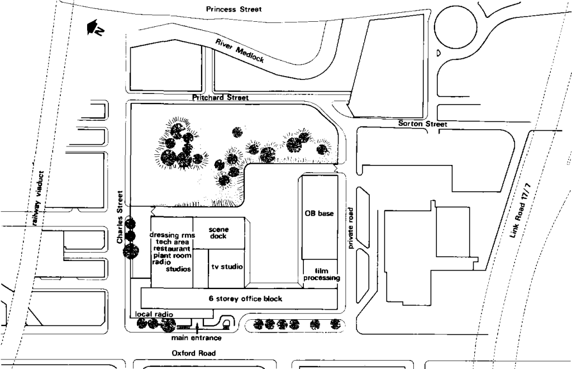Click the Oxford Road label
(x=193, y=353)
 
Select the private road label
(x=351, y=228)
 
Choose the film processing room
(x=321, y=274)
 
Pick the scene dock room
(x=218, y=233)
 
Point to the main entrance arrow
(x=197, y=328)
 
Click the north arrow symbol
(x=93, y=30)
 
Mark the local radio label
(x=152, y=315)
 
